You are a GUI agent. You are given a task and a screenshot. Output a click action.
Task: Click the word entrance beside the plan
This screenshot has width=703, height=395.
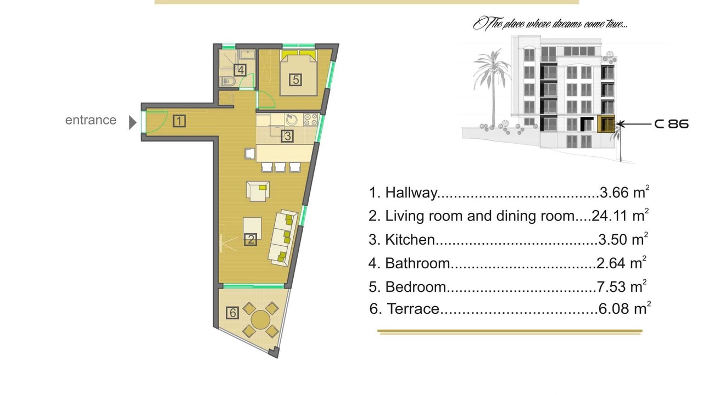[x=91, y=120]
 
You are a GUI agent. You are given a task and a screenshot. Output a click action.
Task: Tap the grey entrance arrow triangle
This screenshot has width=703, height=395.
[x=132, y=122]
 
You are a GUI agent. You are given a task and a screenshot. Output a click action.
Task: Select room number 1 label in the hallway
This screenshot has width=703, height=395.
[x=179, y=121]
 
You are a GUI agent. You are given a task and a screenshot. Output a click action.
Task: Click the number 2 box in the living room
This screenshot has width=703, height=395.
[x=250, y=240]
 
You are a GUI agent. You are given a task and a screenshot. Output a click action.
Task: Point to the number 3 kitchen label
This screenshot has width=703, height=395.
[x=287, y=136]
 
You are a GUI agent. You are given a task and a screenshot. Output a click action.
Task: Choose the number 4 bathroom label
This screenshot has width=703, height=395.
[x=240, y=70]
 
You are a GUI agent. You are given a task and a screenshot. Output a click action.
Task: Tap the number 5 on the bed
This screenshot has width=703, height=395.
[x=295, y=80]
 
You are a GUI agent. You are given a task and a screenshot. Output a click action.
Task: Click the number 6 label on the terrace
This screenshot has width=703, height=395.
[x=232, y=313]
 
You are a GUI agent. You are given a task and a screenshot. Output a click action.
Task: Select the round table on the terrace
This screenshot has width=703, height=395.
[x=260, y=320]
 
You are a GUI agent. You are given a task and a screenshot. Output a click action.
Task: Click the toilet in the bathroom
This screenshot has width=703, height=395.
[x=227, y=82]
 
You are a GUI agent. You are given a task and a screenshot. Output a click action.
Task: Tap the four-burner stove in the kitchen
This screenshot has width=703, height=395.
[x=311, y=120]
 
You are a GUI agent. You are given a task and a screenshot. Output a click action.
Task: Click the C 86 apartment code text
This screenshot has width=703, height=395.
[x=672, y=124]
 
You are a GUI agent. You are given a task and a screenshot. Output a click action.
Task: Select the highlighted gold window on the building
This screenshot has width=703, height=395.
[x=606, y=124]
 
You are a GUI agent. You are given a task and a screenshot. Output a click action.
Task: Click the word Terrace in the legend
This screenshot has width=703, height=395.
[x=413, y=309]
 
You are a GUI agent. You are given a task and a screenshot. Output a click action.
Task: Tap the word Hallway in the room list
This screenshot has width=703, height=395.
[x=411, y=193]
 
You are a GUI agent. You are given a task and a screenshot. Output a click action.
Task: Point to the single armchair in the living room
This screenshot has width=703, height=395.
[x=258, y=191]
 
